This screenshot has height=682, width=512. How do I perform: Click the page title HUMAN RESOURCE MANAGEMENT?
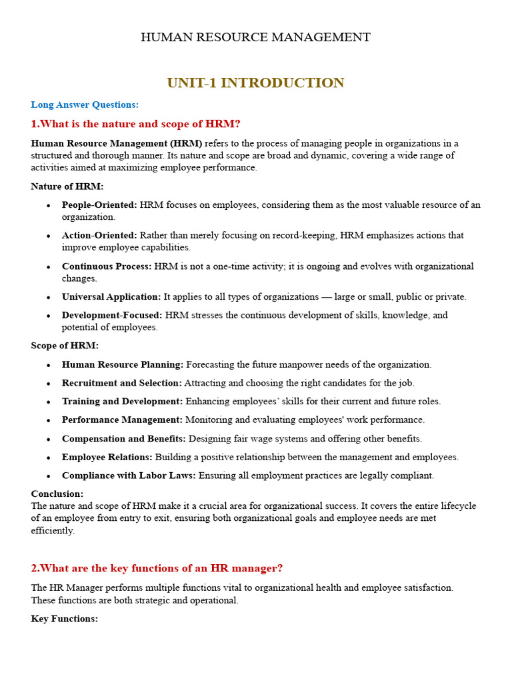pos(255,37)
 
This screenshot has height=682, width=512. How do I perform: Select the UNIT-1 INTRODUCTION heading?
pos(255,83)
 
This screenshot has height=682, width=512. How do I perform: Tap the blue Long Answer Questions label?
pos(85,105)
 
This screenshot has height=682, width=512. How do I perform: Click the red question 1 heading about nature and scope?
pos(135,124)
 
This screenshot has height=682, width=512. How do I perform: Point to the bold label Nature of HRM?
pos(67,186)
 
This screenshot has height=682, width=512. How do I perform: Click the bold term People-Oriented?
pos(99,205)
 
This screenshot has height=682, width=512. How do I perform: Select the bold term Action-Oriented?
pos(99,236)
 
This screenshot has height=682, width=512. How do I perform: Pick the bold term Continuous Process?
pos(107,266)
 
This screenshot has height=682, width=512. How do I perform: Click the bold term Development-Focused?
pos(112,315)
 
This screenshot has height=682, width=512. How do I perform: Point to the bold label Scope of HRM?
pos(65,346)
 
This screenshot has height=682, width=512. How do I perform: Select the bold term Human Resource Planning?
pos(123,365)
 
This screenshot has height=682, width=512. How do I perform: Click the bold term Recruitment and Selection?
pos(121,383)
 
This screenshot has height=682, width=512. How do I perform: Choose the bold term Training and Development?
pos(122,402)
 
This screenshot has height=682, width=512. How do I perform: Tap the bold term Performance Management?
pos(122,420)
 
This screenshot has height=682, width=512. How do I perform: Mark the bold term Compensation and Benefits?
pos(124,439)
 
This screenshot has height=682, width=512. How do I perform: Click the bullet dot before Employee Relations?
pos(49,458)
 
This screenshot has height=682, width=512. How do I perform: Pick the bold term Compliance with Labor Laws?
pos(129,476)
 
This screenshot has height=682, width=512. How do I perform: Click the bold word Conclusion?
pos(57,494)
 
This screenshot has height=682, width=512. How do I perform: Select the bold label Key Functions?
pos(65,619)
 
